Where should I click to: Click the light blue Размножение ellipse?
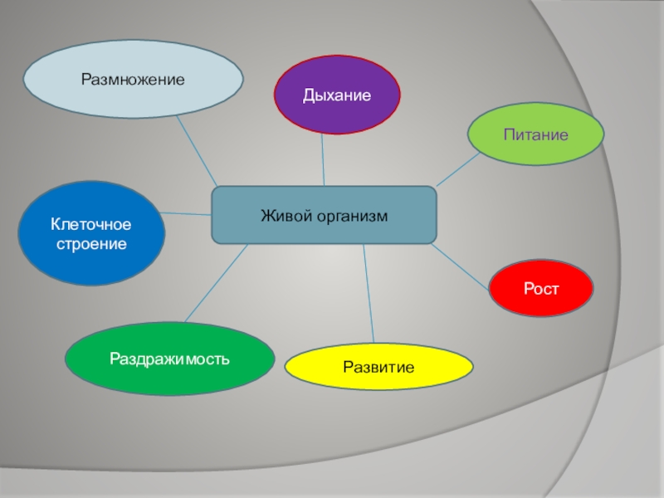(x=133, y=80)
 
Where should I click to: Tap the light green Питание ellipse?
(x=535, y=134)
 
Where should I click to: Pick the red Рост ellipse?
(x=541, y=287)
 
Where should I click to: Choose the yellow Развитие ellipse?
(x=378, y=366)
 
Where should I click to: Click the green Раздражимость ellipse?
(x=170, y=359)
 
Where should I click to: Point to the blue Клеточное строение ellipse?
(x=91, y=233)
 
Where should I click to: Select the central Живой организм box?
(x=324, y=215)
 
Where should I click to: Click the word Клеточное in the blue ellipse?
(x=91, y=224)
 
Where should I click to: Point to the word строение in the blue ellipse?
(x=91, y=245)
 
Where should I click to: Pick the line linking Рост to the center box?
(x=461, y=266)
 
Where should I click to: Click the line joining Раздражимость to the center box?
(x=216, y=282)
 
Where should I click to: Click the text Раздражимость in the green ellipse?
(x=170, y=359)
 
